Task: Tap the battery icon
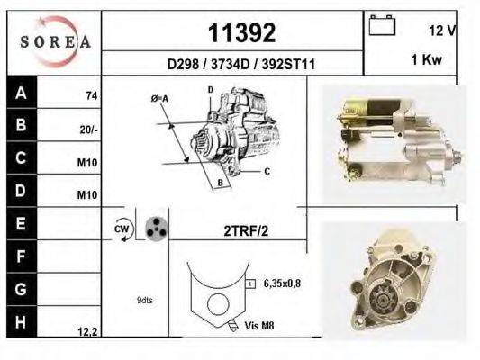click(384, 26)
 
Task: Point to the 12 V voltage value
click(442, 31)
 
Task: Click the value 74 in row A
click(91, 95)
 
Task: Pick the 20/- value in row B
click(88, 130)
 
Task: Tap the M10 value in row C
click(88, 163)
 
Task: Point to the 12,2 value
click(87, 331)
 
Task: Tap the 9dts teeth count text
click(145, 300)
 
